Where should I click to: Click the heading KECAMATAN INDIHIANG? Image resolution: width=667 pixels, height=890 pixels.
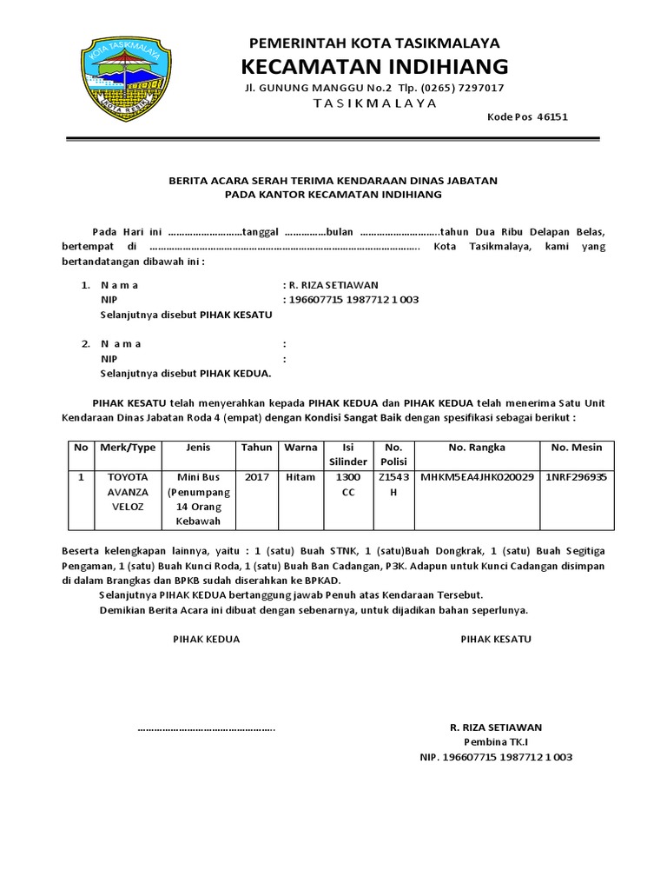(374, 66)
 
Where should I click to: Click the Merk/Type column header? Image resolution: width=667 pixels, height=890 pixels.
(128, 447)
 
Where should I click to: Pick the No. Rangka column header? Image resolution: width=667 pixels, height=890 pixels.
(477, 447)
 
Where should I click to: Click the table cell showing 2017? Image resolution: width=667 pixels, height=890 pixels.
(257, 477)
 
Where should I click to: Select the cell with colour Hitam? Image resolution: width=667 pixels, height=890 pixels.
(300, 477)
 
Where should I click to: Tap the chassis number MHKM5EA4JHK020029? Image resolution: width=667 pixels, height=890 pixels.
(477, 477)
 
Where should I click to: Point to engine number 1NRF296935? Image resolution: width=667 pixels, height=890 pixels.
(577, 477)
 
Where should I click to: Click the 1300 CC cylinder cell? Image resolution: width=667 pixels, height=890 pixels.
(347, 484)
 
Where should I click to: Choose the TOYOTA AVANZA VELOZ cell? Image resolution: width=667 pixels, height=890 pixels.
(128, 491)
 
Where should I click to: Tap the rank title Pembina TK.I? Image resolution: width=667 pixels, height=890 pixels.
(496, 741)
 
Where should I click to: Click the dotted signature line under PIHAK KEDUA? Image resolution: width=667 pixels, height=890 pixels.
(206, 727)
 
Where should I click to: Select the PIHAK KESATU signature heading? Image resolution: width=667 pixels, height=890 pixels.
(496, 639)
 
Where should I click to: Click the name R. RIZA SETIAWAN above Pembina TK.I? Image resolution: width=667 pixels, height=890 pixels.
(496, 727)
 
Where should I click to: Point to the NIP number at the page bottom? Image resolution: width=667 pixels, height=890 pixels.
(496, 757)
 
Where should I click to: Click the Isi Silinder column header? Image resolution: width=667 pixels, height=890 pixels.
(347, 454)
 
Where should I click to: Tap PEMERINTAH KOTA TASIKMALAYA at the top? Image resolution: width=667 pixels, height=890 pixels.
(374, 43)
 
